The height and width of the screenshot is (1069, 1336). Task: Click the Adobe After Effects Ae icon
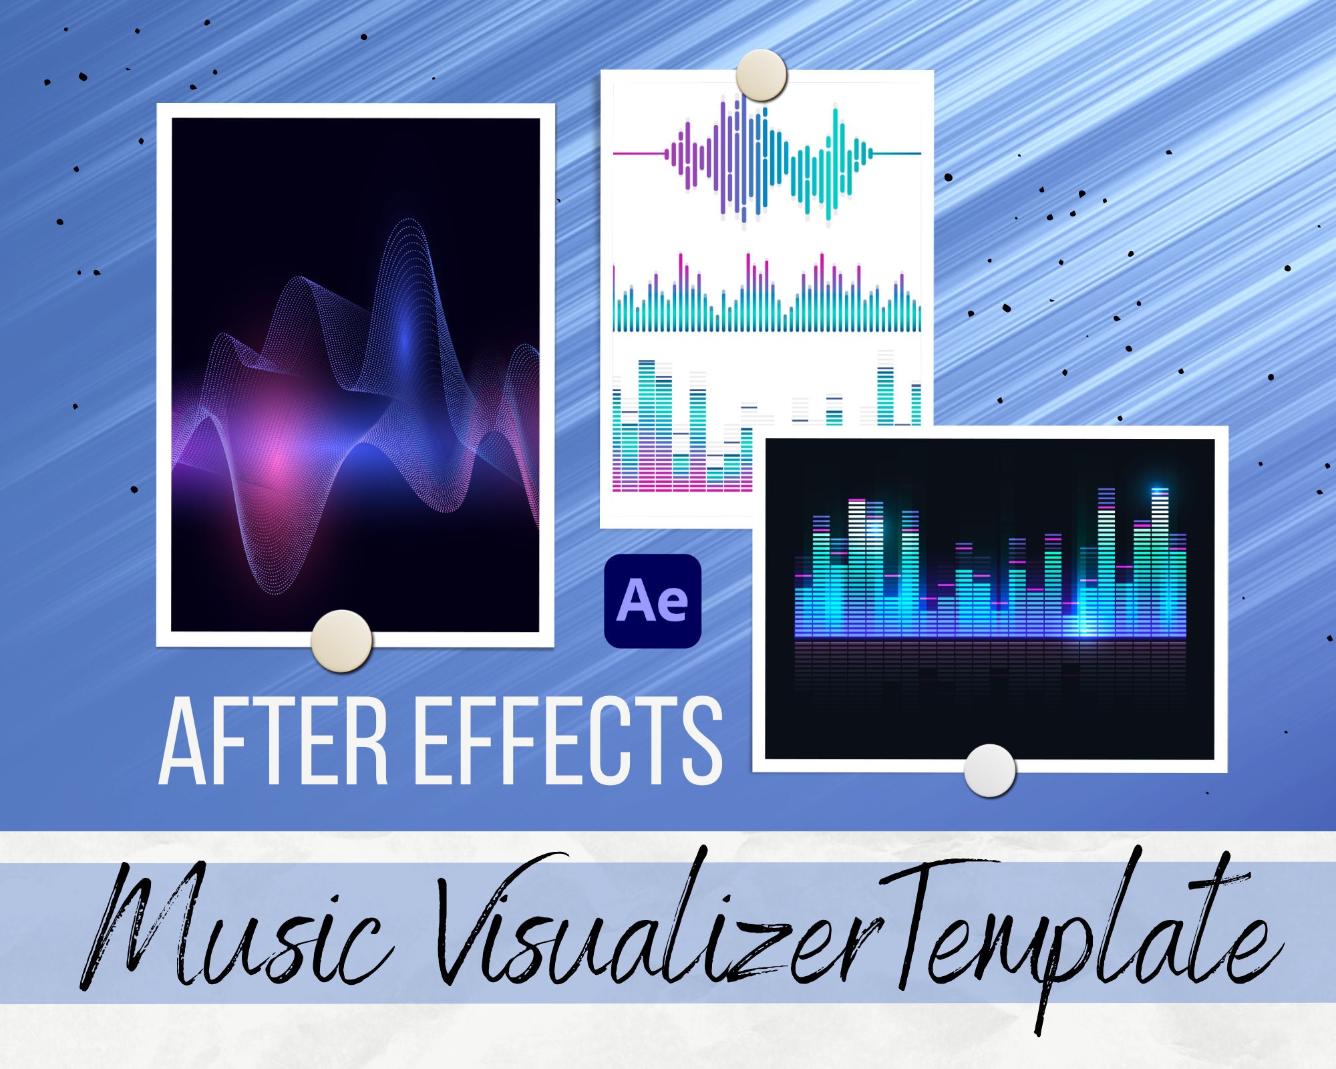click(x=653, y=601)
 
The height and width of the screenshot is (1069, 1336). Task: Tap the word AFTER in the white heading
click(x=274, y=741)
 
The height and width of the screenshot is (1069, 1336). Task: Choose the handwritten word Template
click(x=1082, y=935)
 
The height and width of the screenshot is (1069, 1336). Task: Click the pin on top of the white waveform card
click(x=762, y=75)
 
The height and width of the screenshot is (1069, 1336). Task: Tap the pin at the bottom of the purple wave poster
click(x=341, y=641)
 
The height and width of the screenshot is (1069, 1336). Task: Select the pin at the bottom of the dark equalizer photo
click(x=989, y=770)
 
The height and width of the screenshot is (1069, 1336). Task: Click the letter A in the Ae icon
click(x=635, y=600)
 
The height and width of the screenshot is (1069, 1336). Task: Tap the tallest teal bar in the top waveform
click(x=835, y=164)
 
